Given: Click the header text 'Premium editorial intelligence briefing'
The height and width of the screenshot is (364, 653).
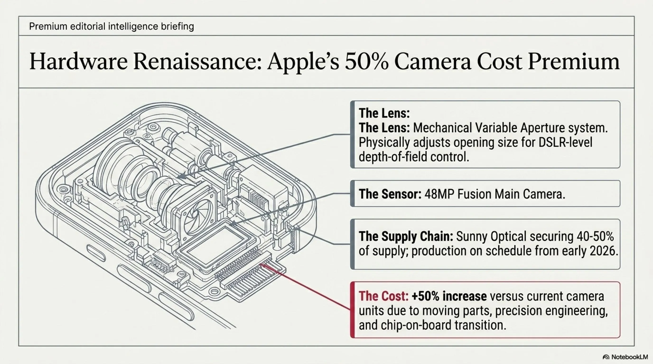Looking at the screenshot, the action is [112, 26].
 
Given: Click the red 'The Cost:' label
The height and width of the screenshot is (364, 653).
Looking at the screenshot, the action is [383, 296].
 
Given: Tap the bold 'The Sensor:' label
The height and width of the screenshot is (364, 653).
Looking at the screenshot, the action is [390, 194].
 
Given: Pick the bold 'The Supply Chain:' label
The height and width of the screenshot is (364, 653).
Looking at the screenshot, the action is [406, 237].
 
